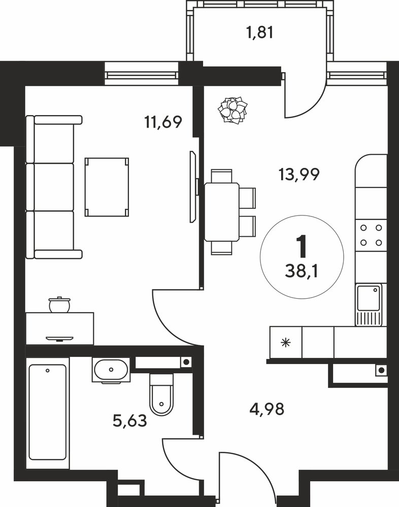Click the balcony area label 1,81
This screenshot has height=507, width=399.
click(260, 32)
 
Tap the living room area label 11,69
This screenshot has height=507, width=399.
click(163, 122)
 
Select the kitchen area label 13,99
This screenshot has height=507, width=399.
click(299, 174)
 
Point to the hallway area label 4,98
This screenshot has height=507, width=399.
click(267, 409)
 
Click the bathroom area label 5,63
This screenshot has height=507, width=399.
click(130, 421)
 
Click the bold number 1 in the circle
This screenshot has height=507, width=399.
click(302, 247)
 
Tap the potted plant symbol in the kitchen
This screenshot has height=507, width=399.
click(233, 110)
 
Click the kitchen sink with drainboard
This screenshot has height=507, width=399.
click(369, 305)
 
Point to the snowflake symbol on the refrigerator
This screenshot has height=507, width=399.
click(286, 342)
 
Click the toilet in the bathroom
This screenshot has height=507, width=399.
click(161, 394)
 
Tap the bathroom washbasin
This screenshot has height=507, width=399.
click(111, 370)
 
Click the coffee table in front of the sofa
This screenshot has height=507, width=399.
click(107, 187)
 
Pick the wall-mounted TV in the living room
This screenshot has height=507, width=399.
click(193, 187)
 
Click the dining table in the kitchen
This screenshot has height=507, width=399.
click(222, 212)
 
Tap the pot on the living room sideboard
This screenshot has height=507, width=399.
click(59, 304)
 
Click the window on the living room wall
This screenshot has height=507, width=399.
click(142, 74)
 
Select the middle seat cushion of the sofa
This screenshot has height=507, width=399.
click(54, 188)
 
